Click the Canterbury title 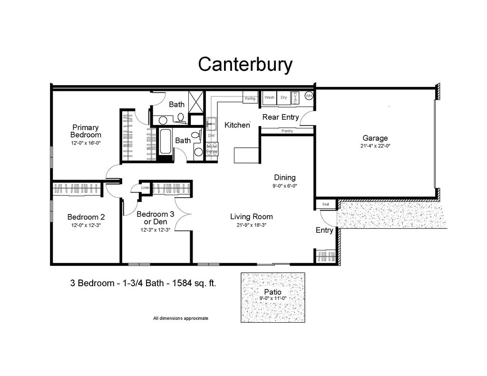[x=245, y=64]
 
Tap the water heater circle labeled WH [x=309, y=96]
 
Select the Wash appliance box [x=269, y=97]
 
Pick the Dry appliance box [x=283, y=97]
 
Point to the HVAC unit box [x=295, y=97]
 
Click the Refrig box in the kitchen [x=250, y=98]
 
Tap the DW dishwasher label [x=212, y=135]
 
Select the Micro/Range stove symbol [x=212, y=149]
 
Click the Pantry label [x=287, y=131]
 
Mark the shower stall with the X [x=196, y=102]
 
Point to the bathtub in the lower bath [x=166, y=142]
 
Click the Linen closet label [x=146, y=188]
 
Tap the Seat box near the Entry [x=326, y=204]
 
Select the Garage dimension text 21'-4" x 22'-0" [x=375, y=146]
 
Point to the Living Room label [x=252, y=217]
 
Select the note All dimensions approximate [x=180, y=318]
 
